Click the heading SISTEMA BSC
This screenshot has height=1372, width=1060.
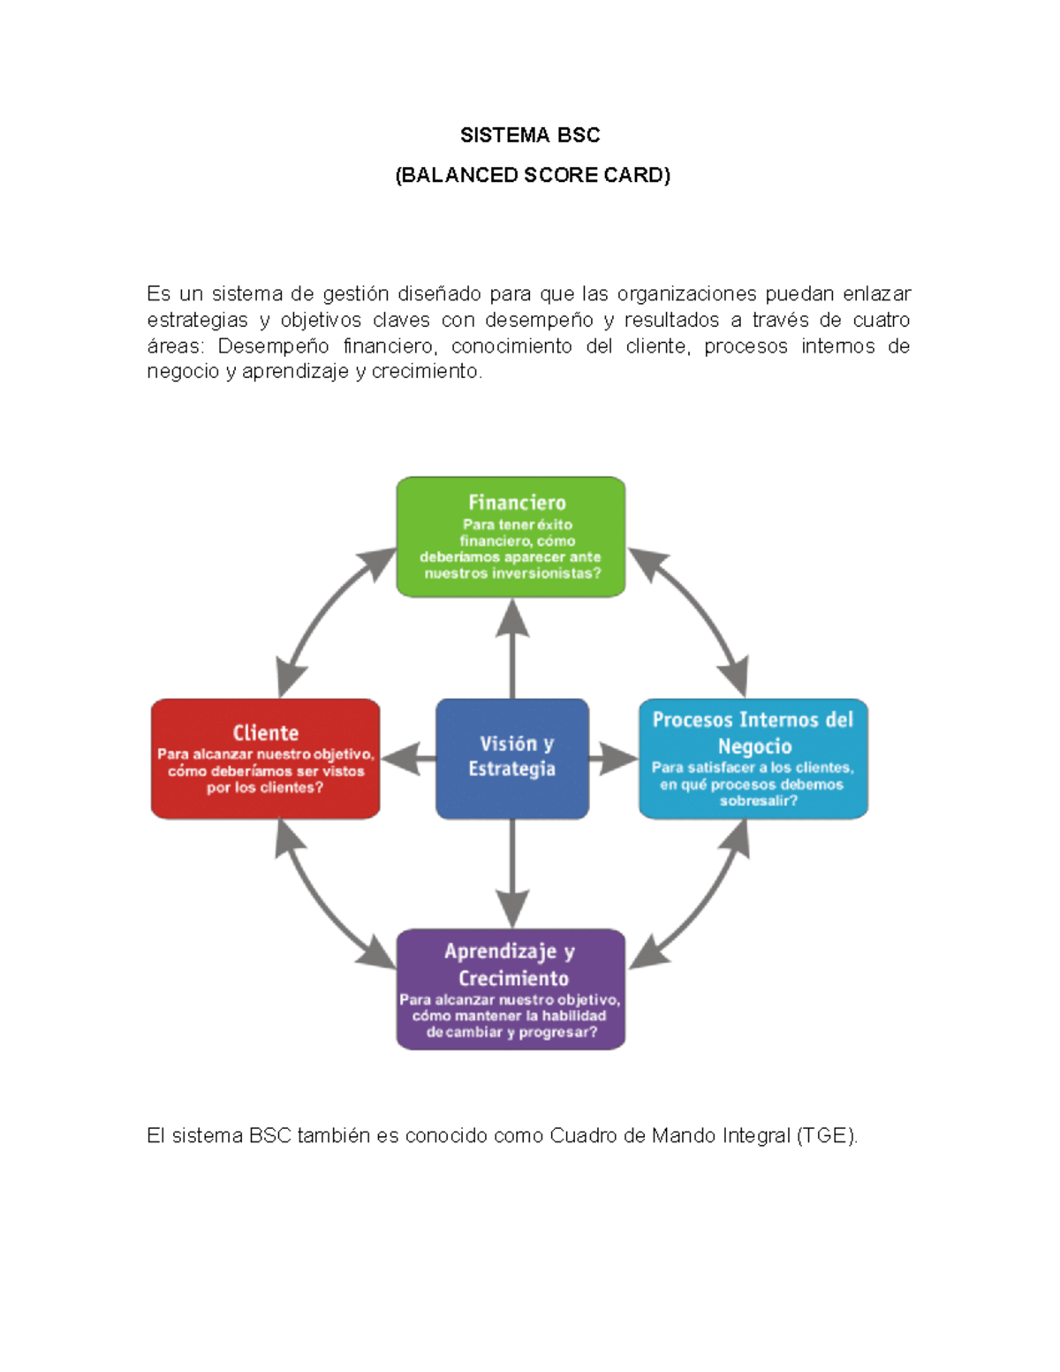pos(530,135)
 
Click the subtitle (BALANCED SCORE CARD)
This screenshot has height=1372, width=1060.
pos(533,175)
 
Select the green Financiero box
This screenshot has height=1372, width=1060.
pos(511,536)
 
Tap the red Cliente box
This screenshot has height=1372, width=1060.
pos(265,758)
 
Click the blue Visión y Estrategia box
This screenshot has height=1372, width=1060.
pos(511,757)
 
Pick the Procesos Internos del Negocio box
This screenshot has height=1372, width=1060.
pos(753,758)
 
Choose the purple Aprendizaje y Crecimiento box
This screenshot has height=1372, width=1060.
pos(511,989)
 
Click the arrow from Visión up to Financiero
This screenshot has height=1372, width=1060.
pos(512,649)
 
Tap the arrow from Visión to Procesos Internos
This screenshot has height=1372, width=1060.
pos(613,758)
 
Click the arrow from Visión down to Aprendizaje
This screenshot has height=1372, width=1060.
pos(512,875)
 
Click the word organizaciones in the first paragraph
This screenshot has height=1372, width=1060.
pos(686,293)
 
